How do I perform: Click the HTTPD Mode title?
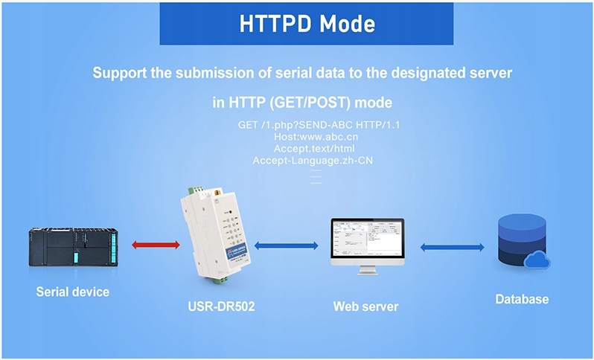307,23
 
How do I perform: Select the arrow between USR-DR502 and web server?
286,245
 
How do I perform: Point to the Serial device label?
72,292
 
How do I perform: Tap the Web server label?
365,306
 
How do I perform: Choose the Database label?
522,300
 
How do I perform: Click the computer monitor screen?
367,242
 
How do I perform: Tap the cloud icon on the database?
539,260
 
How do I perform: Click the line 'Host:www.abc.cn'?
319,137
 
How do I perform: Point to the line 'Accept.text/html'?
319,149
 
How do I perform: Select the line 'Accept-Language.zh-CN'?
319,160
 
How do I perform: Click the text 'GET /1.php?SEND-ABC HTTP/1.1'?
319,125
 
